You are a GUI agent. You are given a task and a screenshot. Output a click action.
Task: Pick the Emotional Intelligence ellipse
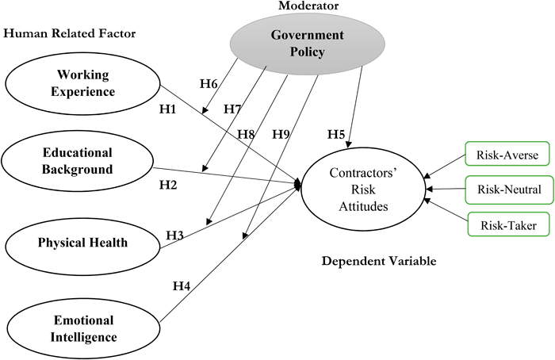pyautogui.click(x=84, y=327)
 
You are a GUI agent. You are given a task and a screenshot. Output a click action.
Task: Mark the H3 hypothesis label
pyautogui.click(x=174, y=235)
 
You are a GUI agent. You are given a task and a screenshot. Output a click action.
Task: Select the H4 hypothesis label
pyautogui.click(x=181, y=285)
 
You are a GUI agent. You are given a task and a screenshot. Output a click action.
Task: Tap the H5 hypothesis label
pyautogui.click(x=335, y=134)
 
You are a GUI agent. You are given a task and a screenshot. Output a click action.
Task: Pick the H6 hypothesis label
pyautogui.click(x=208, y=83)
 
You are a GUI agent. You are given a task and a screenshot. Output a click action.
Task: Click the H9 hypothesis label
pyautogui.click(x=281, y=133)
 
